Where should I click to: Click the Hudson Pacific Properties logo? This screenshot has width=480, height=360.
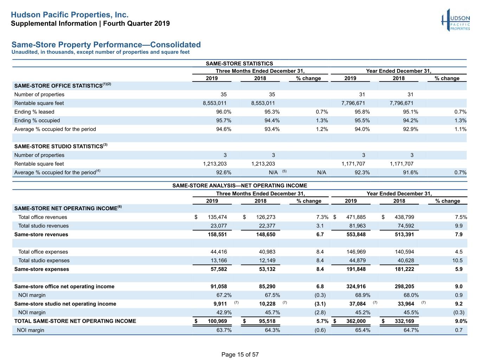[x=455, y=20]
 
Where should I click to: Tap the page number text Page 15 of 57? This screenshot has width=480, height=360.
[x=240, y=354]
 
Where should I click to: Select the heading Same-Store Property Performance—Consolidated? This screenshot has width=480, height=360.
[x=106, y=45]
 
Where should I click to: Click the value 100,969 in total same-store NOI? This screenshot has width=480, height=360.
[x=217, y=321]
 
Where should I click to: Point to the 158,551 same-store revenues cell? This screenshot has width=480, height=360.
[x=217, y=234]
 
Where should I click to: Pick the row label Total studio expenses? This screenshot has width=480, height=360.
[x=44, y=261]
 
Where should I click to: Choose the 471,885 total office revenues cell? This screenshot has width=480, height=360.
[x=356, y=217]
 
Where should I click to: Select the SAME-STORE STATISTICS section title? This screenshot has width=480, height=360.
[x=239, y=64]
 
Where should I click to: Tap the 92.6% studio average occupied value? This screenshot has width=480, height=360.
[x=224, y=173]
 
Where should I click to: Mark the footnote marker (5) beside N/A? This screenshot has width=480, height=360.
[x=284, y=171]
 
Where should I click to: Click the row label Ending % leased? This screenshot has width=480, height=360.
[x=34, y=112]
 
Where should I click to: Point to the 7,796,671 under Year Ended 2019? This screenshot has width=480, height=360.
[x=353, y=103]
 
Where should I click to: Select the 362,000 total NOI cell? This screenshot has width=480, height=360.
[x=356, y=321]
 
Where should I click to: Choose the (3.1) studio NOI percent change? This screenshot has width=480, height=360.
[x=320, y=304]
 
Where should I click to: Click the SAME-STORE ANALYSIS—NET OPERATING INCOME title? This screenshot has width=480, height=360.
[x=240, y=186]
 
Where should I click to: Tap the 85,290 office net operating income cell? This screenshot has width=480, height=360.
[x=267, y=287]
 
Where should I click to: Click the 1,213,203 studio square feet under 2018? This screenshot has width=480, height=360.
[x=263, y=164]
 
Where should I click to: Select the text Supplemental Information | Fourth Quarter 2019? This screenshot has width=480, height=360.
[x=90, y=24]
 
